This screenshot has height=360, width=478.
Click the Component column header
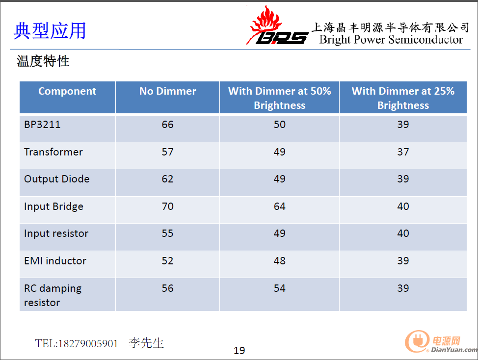click(x=67, y=91)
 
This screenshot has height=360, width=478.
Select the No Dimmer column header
click(x=168, y=91)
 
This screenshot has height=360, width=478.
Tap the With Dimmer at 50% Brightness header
click(x=280, y=98)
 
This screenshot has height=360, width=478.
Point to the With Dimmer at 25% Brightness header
click(x=403, y=98)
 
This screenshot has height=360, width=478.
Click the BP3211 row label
click(x=42, y=124)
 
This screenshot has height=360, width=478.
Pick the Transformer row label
click(x=53, y=152)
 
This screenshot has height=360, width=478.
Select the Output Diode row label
click(x=57, y=179)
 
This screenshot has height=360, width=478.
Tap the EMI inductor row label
click(x=55, y=261)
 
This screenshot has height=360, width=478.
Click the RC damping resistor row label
click(x=53, y=295)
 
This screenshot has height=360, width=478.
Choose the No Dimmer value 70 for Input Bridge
click(x=168, y=206)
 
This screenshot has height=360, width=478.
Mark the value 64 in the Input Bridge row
click(x=280, y=206)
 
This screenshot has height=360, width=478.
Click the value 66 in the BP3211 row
click(x=168, y=124)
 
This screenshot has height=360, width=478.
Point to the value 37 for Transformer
click(x=403, y=152)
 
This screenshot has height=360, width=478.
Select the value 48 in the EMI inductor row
click(x=280, y=261)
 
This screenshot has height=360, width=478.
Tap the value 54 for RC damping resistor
click(x=280, y=288)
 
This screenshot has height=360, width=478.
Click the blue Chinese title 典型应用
click(x=50, y=31)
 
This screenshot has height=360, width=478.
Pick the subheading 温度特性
click(x=43, y=61)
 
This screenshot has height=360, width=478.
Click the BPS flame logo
click(x=277, y=26)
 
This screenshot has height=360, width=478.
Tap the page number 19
click(x=239, y=351)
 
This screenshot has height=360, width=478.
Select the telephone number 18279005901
click(x=88, y=343)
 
